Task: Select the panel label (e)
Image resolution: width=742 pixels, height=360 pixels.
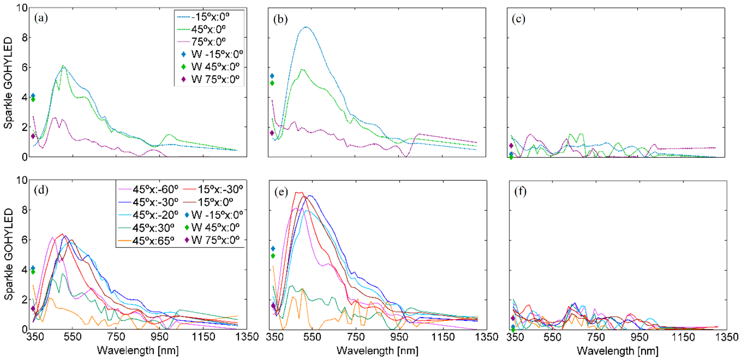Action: tap(281, 192)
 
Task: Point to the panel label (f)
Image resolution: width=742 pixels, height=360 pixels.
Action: tap(520, 191)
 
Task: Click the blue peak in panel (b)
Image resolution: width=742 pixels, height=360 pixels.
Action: tap(306, 27)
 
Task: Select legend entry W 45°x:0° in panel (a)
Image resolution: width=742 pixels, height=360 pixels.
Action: tap(215, 67)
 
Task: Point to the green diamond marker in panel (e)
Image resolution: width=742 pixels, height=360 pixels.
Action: tap(273, 256)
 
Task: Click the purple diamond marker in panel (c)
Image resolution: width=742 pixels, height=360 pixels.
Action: tap(511, 146)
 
